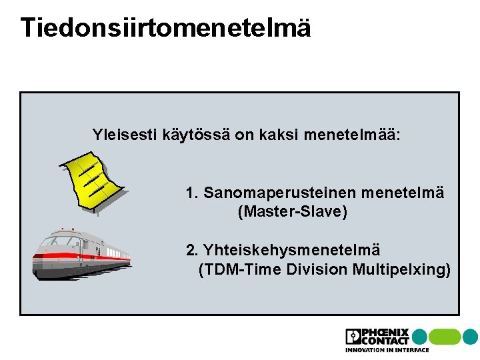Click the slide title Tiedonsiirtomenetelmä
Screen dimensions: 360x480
165,28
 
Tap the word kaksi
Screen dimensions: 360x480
278,135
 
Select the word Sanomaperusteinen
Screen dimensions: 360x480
279,193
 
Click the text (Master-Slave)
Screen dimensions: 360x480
293,213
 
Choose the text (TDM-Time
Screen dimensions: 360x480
241,269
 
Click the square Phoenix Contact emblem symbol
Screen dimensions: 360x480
353,337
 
